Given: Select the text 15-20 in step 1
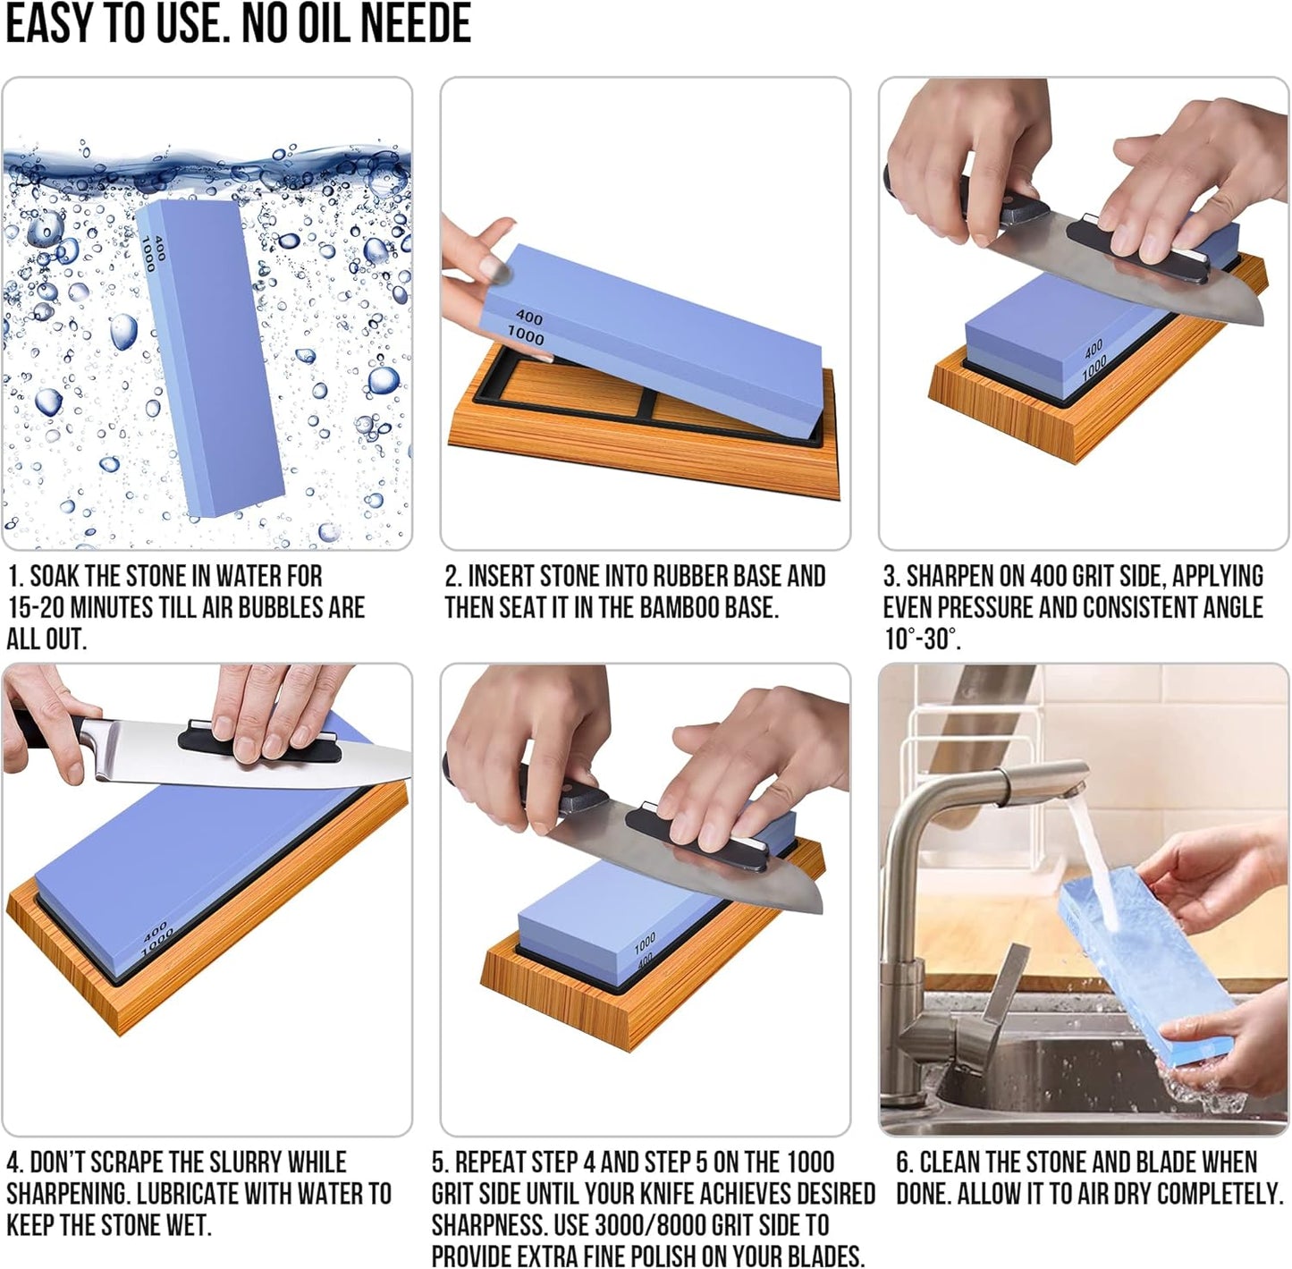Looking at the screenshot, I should [x=36, y=607].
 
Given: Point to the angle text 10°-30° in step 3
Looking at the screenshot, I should [x=921, y=639].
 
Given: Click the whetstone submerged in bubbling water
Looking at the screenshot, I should [x=210, y=358].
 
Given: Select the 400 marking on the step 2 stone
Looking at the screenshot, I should [x=529, y=317].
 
